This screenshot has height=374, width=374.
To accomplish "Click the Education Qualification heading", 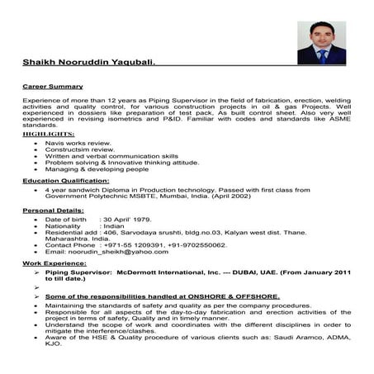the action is pos(65,179).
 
